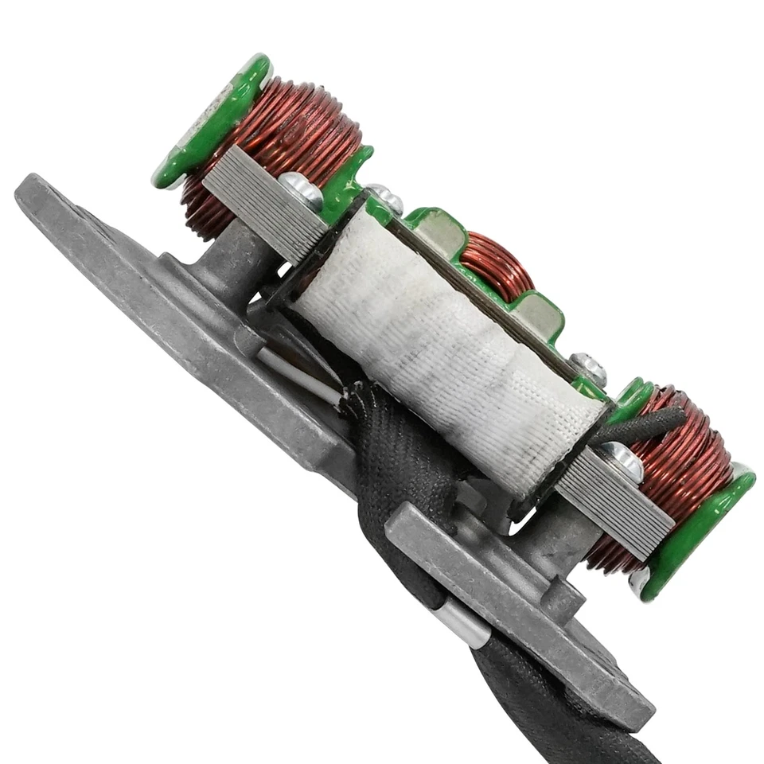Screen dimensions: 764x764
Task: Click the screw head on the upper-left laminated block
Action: coord(301,189)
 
